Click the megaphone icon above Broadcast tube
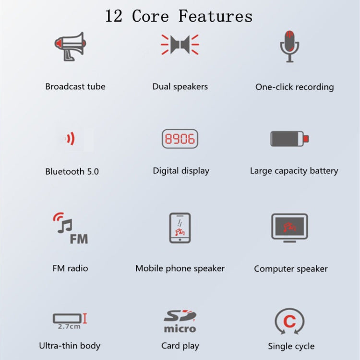[x=70, y=47]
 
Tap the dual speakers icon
[x=180, y=44]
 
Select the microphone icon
[x=289, y=46]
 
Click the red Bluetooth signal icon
[x=71, y=139]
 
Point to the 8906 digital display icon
[x=180, y=139]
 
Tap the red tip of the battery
[x=306, y=139]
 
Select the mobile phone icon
[x=180, y=228]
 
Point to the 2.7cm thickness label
[x=69, y=326]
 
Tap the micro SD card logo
[x=180, y=322]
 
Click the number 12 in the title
[x=114, y=16]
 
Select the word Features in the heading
[x=216, y=16]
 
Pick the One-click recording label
[x=294, y=87]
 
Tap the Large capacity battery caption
[x=294, y=171]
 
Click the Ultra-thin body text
[x=70, y=346]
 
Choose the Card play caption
[x=180, y=346]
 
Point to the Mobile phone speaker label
[x=180, y=268]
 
